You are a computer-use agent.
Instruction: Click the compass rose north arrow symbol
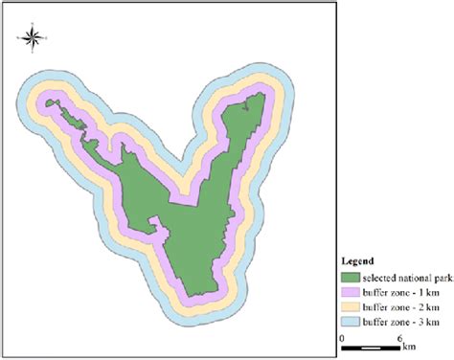[31, 37]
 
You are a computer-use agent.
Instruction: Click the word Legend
[358, 259]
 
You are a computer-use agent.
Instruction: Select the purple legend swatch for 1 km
[352, 291]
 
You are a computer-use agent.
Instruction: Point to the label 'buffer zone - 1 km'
[397, 291]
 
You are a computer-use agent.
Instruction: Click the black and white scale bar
[371, 347]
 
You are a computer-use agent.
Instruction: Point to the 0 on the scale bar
[342, 337]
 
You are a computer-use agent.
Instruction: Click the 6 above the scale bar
[398, 337]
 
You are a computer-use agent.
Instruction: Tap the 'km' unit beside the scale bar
[409, 345]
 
